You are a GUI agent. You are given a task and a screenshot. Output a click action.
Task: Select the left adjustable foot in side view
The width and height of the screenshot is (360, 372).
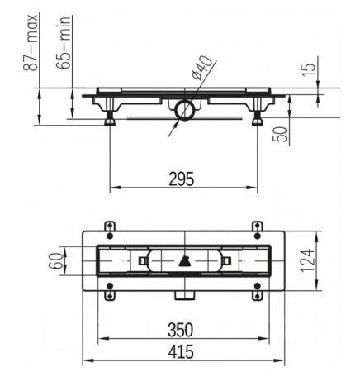coord(109,117)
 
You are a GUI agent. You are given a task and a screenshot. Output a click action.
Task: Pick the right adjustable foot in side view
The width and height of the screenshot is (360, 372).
coord(256,117)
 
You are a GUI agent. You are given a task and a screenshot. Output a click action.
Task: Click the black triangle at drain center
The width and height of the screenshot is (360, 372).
coord(183,263)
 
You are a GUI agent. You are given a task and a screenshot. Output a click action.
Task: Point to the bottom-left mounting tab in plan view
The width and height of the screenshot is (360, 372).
coord(110,290)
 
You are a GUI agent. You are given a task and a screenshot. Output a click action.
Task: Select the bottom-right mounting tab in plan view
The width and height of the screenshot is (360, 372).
coord(257,290)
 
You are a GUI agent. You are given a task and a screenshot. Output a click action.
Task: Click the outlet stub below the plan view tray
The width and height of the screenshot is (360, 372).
coord(183,294)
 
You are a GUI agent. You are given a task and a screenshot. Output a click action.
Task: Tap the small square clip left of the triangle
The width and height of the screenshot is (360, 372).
coord(143,262)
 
